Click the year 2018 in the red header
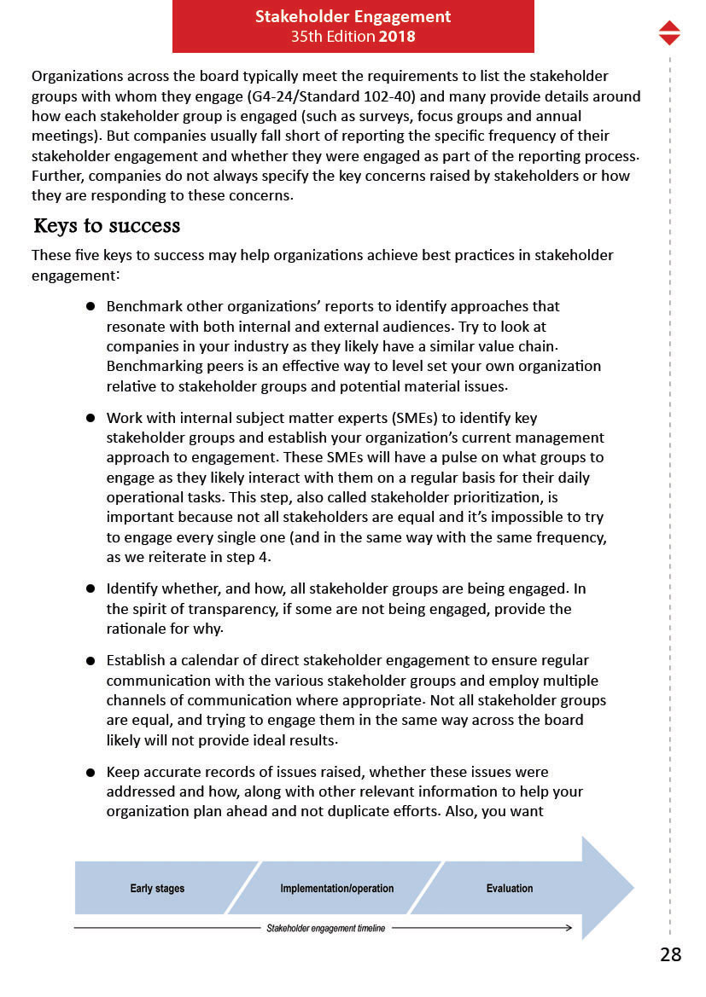pos(397,37)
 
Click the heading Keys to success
pos(107,226)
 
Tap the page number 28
pos(671,954)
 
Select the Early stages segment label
pos(157,889)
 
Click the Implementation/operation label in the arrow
pos(337,889)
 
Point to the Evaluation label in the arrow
pos(510,889)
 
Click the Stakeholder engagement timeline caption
pos(325,928)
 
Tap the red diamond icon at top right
pos(670,32)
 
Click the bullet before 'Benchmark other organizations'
pos(90,306)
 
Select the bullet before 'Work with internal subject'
pos(90,418)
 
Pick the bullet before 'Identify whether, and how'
pos(90,589)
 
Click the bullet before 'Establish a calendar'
pos(90,661)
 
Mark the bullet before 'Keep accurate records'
pos(90,773)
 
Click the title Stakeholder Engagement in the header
pos(353,17)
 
